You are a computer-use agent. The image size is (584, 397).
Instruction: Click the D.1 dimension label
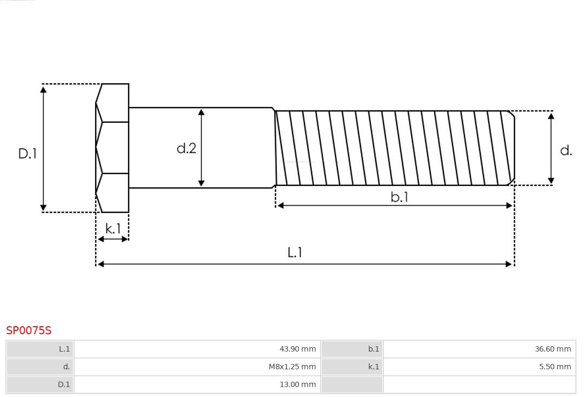[27, 154]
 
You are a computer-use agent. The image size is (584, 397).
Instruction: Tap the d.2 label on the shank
[187, 148]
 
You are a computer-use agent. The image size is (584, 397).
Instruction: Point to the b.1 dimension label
[400, 197]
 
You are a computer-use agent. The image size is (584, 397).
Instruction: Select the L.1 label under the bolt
[295, 252]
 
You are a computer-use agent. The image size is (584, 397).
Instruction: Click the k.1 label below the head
[113, 229]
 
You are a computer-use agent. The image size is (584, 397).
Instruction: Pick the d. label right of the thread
[566, 150]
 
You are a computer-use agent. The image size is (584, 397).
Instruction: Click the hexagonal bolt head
[112, 148]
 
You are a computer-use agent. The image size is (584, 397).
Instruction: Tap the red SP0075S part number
[29, 330]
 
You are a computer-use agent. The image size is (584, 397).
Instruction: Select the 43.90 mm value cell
[197, 349]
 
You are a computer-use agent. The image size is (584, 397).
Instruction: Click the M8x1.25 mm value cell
[197, 367]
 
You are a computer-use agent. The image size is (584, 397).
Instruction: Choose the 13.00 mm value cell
[197, 385]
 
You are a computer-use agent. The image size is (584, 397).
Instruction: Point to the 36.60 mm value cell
[479, 349]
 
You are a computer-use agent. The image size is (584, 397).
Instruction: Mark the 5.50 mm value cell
[479, 367]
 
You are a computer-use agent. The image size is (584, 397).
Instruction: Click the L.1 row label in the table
[40, 349]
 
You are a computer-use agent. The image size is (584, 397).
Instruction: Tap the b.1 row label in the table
[352, 349]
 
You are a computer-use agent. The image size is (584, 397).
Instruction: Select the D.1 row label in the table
[40, 385]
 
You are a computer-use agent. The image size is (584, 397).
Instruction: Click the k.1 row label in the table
[352, 367]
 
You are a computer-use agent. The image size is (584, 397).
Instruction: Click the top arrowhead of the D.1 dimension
[43, 89]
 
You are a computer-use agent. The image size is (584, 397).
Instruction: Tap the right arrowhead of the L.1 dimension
[509, 264]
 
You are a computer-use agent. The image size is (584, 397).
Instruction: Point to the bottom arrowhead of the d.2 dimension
[201, 183]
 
